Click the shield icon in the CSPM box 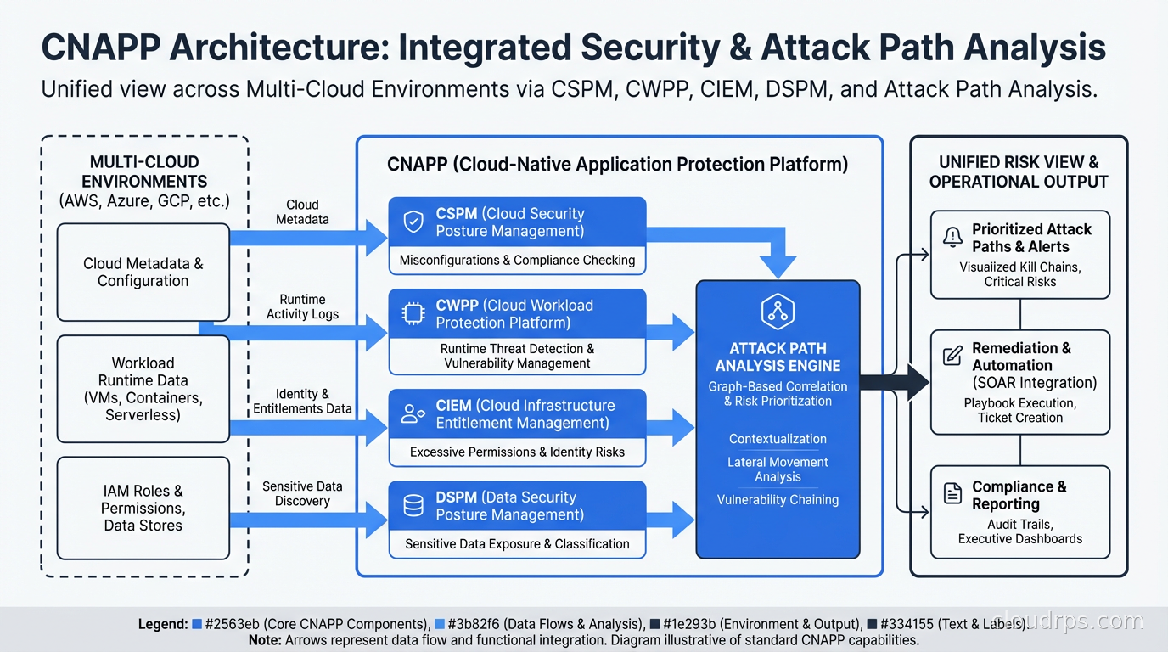pyautogui.click(x=413, y=222)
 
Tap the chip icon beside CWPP pyautogui.click(x=413, y=314)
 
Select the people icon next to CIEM pyautogui.click(x=413, y=414)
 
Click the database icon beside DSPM pyautogui.click(x=413, y=506)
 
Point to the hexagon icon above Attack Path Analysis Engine pyautogui.click(x=778, y=312)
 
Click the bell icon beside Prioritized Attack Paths pyautogui.click(x=953, y=238)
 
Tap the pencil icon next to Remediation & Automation pyautogui.click(x=953, y=356)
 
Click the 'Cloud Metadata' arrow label pyautogui.click(x=302, y=212)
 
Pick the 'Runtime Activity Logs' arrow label pyautogui.click(x=302, y=306)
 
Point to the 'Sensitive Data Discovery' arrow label pyautogui.click(x=302, y=493)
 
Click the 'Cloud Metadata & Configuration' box pyautogui.click(x=143, y=272)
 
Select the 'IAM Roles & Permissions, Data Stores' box pyautogui.click(x=143, y=508)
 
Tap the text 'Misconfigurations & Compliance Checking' pyautogui.click(x=517, y=261)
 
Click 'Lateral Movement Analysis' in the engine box pyautogui.click(x=778, y=469)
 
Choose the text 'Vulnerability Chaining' pyautogui.click(x=778, y=500)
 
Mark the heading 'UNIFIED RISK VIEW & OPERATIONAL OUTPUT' pyautogui.click(x=1019, y=171)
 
